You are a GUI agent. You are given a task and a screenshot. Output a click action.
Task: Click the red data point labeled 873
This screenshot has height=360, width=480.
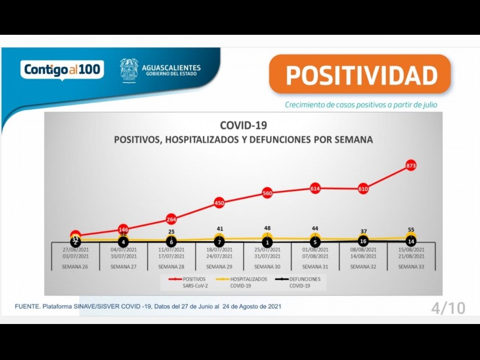(411, 165)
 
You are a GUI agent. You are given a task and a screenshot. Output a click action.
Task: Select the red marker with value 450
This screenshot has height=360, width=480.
(220, 203)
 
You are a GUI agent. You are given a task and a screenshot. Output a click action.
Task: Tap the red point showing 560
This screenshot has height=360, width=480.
(268, 193)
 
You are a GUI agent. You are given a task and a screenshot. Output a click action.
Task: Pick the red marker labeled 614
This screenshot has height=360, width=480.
(316, 188)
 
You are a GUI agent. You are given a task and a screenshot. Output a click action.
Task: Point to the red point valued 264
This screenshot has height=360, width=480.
(172, 219)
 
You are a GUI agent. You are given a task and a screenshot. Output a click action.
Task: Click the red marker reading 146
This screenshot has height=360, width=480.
(124, 229)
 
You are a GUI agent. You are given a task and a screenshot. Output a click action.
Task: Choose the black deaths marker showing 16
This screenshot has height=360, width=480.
(364, 241)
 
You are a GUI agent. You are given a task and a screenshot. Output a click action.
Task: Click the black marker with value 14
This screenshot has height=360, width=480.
(411, 241)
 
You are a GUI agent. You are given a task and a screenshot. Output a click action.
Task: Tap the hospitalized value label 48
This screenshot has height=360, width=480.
(268, 229)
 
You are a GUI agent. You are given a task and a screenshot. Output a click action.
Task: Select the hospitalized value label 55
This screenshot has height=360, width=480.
(411, 230)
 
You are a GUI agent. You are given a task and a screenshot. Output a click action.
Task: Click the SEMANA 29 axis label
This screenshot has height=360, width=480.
(220, 266)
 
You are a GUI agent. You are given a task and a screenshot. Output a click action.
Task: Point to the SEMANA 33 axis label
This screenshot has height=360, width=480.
(411, 266)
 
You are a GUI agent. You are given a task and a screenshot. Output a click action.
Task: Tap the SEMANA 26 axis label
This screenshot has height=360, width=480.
(76, 266)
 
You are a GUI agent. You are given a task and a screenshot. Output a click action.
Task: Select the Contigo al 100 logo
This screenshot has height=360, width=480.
(62, 70)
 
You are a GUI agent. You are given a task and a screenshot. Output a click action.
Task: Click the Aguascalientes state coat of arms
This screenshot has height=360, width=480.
(128, 70)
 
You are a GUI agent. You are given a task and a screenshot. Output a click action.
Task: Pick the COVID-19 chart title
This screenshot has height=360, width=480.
(244, 125)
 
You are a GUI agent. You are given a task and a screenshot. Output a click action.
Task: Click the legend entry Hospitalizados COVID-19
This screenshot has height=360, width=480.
(245, 282)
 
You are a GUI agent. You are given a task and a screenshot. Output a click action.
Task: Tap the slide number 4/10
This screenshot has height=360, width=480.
(448, 308)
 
